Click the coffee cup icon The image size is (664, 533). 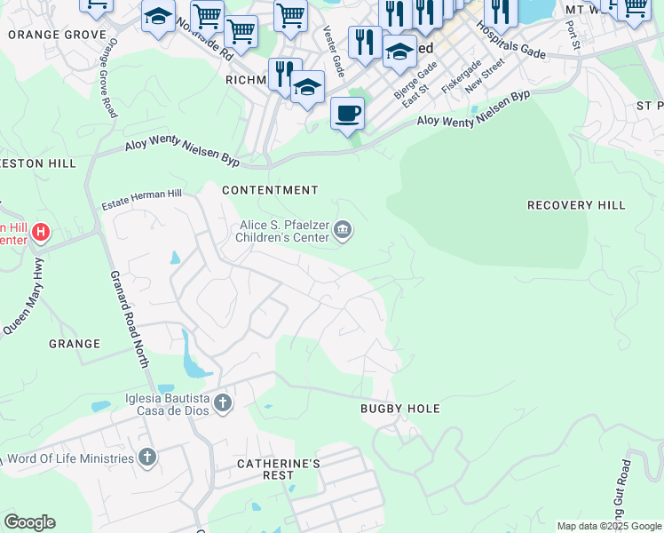348,113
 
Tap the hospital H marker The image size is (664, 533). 40,233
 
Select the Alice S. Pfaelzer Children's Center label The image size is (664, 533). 282,233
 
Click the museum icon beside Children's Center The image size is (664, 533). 343,233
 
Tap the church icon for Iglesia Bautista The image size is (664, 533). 222,404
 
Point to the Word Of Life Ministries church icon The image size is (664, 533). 147,458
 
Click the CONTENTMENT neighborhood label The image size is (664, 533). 270,190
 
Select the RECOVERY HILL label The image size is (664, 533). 576,205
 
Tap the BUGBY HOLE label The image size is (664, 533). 400,409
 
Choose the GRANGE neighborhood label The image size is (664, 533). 75,344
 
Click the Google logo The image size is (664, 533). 29,522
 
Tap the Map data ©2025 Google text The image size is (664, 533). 609,526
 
